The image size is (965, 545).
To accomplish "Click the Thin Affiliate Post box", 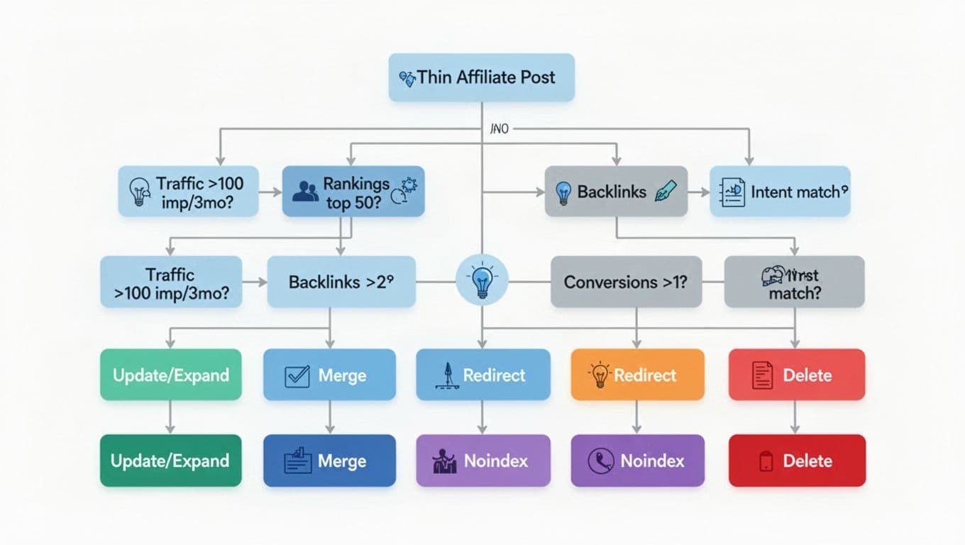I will pyautogui.click(x=481, y=77).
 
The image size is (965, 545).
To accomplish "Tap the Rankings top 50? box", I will pyautogui.click(x=353, y=191).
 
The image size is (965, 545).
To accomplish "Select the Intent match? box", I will pyautogui.click(x=780, y=191).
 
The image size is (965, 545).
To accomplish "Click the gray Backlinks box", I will pyautogui.click(x=616, y=191).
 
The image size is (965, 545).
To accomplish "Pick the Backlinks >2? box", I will pyautogui.click(x=341, y=282).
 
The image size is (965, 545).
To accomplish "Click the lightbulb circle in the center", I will pyautogui.click(x=482, y=282).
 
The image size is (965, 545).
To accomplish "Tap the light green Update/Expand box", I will pyautogui.click(x=170, y=375).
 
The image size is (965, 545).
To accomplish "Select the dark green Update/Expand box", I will pyautogui.click(x=170, y=461).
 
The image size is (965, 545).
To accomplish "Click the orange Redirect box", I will pyautogui.click(x=637, y=375).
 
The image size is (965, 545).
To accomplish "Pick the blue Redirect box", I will pyautogui.click(x=482, y=375).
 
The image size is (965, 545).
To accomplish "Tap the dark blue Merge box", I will pyautogui.click(x=329, y=461).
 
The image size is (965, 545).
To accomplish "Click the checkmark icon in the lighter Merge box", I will pyautogui.click(x=297, y=375).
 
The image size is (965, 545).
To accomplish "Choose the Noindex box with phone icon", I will pyautogui.click(x=637, y=461).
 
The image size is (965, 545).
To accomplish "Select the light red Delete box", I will pyautogui.click(x=796, y=375).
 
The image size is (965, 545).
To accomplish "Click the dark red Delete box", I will pyautogui.click(x=796, y=461).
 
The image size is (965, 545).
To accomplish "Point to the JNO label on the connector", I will pyautogui.click(x=500, y=129).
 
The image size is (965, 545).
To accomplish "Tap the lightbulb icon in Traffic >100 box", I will pyautogui.click(x=138, y=192).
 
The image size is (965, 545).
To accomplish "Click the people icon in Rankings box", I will pyautogui.click(x=305, y=191).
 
